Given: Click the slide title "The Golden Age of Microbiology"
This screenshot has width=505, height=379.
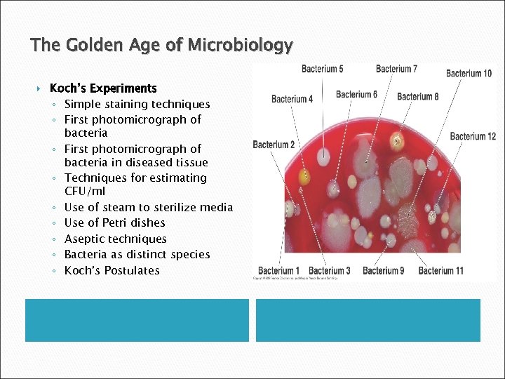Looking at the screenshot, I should point(161,46).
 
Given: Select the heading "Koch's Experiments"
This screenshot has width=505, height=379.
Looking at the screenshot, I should point(103,88).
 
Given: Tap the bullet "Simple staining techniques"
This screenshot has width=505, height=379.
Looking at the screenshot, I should point(137,104).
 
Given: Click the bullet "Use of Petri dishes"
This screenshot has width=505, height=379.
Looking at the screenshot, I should point(114,222).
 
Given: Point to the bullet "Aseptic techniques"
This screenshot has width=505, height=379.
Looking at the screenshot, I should point(115,239).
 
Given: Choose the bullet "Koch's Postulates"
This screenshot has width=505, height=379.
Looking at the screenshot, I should point(112,270).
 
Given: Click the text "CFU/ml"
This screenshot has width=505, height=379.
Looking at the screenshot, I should point(84,192).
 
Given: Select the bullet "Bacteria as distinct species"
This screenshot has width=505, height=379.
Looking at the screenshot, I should point(137,254).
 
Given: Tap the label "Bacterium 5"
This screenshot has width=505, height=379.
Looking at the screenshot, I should point(322,69).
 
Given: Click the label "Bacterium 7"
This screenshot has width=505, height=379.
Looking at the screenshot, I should point(396,69).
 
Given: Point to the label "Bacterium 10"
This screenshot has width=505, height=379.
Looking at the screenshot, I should point(469,73).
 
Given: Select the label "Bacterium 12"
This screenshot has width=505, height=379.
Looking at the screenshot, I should point(473,136).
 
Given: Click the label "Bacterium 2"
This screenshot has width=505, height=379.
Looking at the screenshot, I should point(274,145).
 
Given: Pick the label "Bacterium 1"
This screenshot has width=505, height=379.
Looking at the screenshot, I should point(278,270).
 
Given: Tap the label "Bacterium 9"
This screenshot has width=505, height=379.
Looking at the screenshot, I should point(383,270).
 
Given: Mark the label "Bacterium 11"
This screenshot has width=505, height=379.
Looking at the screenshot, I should point(440,270).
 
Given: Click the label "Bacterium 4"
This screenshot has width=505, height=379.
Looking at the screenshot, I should point(292,99).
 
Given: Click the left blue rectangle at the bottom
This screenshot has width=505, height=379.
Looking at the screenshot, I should point(137,320).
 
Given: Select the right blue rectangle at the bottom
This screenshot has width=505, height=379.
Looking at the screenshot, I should point(368,320).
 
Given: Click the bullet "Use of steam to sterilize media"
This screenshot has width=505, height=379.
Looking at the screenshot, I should point(148,207).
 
